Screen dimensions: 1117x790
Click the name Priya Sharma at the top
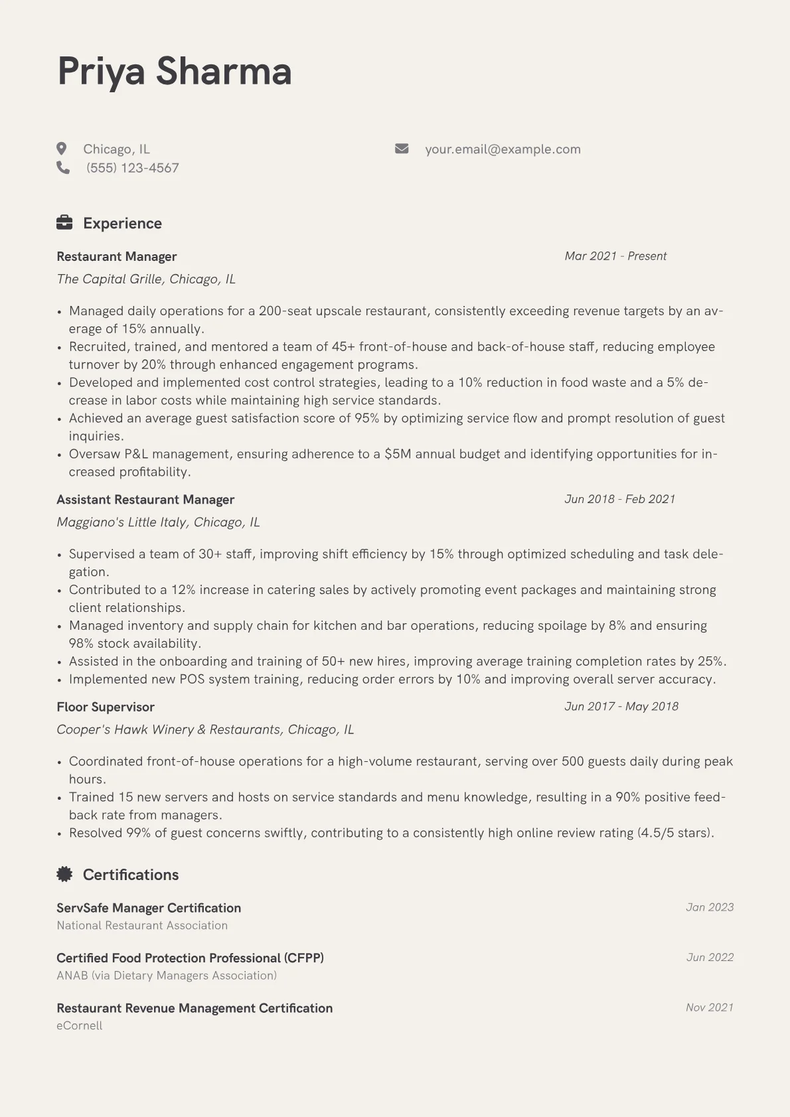(175, 71)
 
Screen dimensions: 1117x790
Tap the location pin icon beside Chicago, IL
(62, 149)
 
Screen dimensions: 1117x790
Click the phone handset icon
(63, 167)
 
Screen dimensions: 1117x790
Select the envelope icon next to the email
(402, 149)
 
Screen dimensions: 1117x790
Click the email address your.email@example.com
(503, 149)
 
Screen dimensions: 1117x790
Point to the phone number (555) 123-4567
(133, 168)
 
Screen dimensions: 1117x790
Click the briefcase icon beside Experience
(64, 223)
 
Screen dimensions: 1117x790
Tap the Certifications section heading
(131, 875)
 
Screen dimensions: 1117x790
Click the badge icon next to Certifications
(64, 874)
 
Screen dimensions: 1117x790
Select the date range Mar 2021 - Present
(615, 256)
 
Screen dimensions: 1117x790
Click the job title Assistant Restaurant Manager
(145, 500)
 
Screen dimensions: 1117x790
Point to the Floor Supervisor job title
(106, 707)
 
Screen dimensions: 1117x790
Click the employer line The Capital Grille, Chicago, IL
(146, 279)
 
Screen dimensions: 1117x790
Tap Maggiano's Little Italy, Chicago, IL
(158, 522)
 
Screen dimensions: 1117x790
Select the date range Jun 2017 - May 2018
(621, 706)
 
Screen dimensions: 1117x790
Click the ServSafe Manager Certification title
(149, 908)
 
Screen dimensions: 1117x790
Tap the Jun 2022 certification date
(710, 957)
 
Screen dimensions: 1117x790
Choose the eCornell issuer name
(80, 1025)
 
